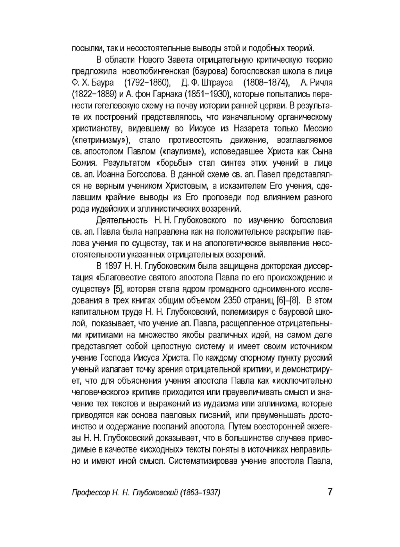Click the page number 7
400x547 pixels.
tap(330, 491)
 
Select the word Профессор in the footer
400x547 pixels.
tap(89, 493)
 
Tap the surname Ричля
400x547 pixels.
tap(320, 83)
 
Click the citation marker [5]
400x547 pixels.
tap(118, 289)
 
